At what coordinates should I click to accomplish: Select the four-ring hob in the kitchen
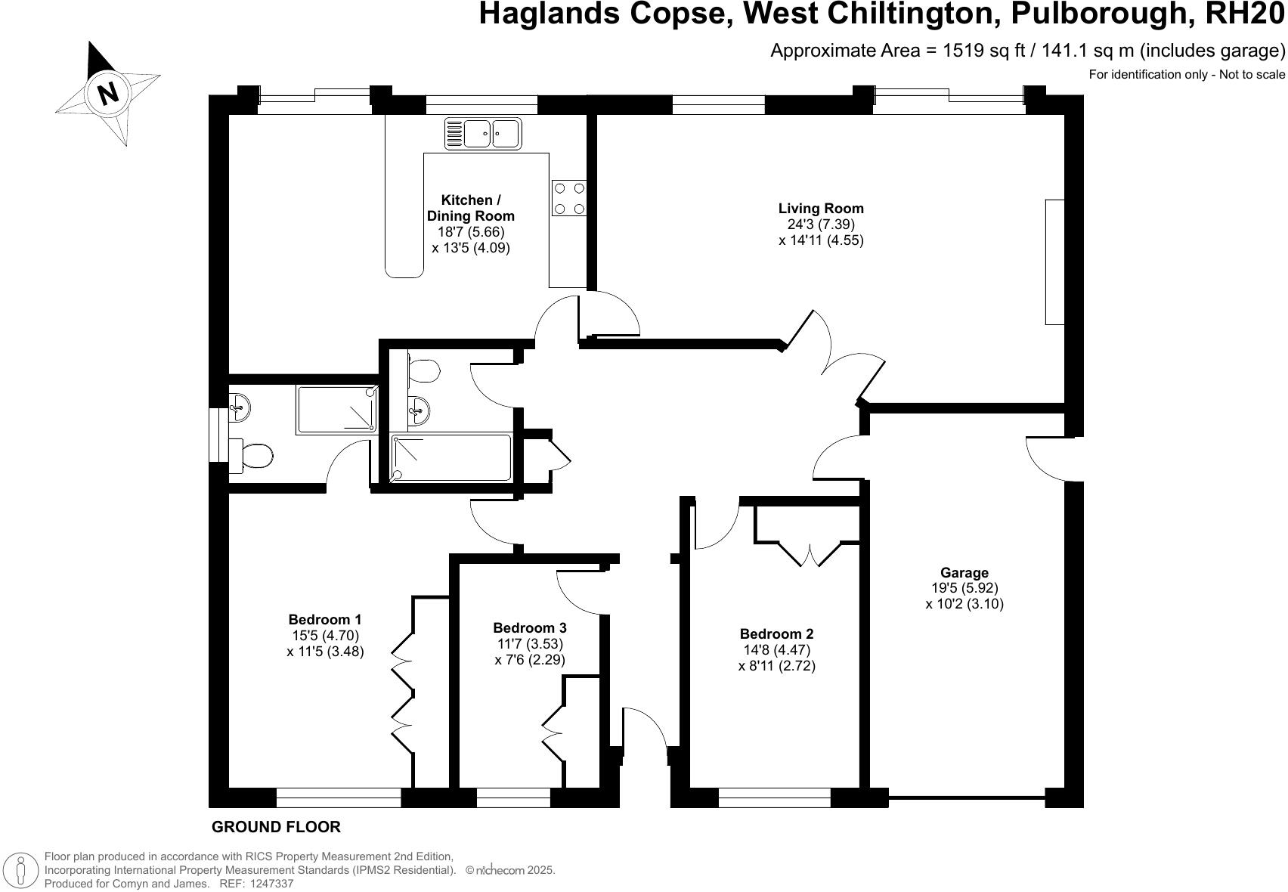click(569, 197)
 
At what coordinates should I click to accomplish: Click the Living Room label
click(821, 208)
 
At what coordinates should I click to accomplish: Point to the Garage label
click(964, 573)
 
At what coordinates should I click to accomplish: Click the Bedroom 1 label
click(325, 620)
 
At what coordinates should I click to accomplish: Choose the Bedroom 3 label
click(529, 627)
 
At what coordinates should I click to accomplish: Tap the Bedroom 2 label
click(776, 634)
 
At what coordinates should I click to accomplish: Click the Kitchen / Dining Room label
click(470, 208)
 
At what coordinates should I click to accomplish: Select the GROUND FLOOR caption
click(276, 827)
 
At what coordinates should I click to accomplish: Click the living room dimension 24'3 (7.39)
click(821, 225)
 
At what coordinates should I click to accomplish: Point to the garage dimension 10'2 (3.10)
click(964, 604)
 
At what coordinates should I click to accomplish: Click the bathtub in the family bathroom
click(451, 457)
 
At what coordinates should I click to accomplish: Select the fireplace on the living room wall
click(1054, 262)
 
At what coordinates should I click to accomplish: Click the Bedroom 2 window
click(774, 798)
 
